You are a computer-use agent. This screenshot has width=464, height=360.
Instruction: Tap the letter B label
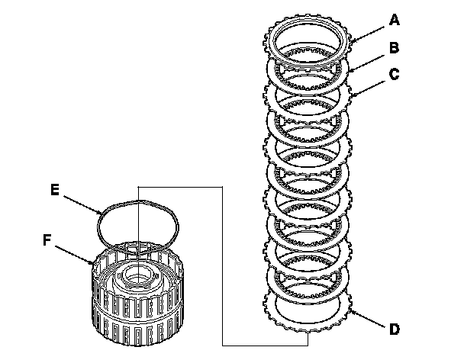(x=394, y=48)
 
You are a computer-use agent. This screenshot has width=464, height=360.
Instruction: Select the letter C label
(x=394, y=76)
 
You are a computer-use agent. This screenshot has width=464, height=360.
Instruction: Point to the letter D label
(x=394, y=329)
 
